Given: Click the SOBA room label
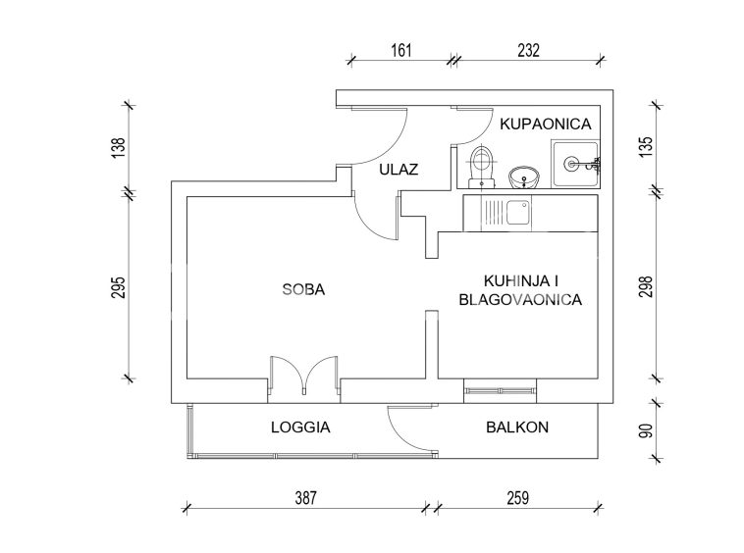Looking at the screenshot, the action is (x=303, y=289).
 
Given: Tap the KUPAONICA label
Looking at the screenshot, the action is (x=546, y=125).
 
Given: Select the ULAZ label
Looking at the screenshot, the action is (x=399, y=170).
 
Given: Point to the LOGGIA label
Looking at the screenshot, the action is (x=300, y=427).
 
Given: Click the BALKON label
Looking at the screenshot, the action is (x=517, y=427).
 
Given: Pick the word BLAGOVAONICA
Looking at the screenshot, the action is (x=520, y=299).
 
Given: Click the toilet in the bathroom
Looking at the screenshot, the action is (x=481, y=166).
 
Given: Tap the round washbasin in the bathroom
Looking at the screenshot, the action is (x=524, y=177).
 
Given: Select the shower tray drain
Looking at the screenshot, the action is (x=571, y=164).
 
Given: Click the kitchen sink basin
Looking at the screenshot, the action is (x=517, y=213).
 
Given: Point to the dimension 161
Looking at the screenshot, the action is (x=400, y=50).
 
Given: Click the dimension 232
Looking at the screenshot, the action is (x=529, y=50).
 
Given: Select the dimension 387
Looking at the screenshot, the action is (x=305, y=498).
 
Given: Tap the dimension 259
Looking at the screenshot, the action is (x=517, y=498).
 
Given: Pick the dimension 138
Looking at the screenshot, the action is (x=119, y=147).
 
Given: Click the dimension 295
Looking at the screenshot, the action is (x=119, y=287).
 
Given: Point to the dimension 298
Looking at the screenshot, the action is (x=646, y=286).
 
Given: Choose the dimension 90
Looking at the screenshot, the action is (x=646, y=430).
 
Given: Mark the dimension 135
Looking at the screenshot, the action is (x=646, y=147).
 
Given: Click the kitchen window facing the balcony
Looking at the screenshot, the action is (x=501, y=391).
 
